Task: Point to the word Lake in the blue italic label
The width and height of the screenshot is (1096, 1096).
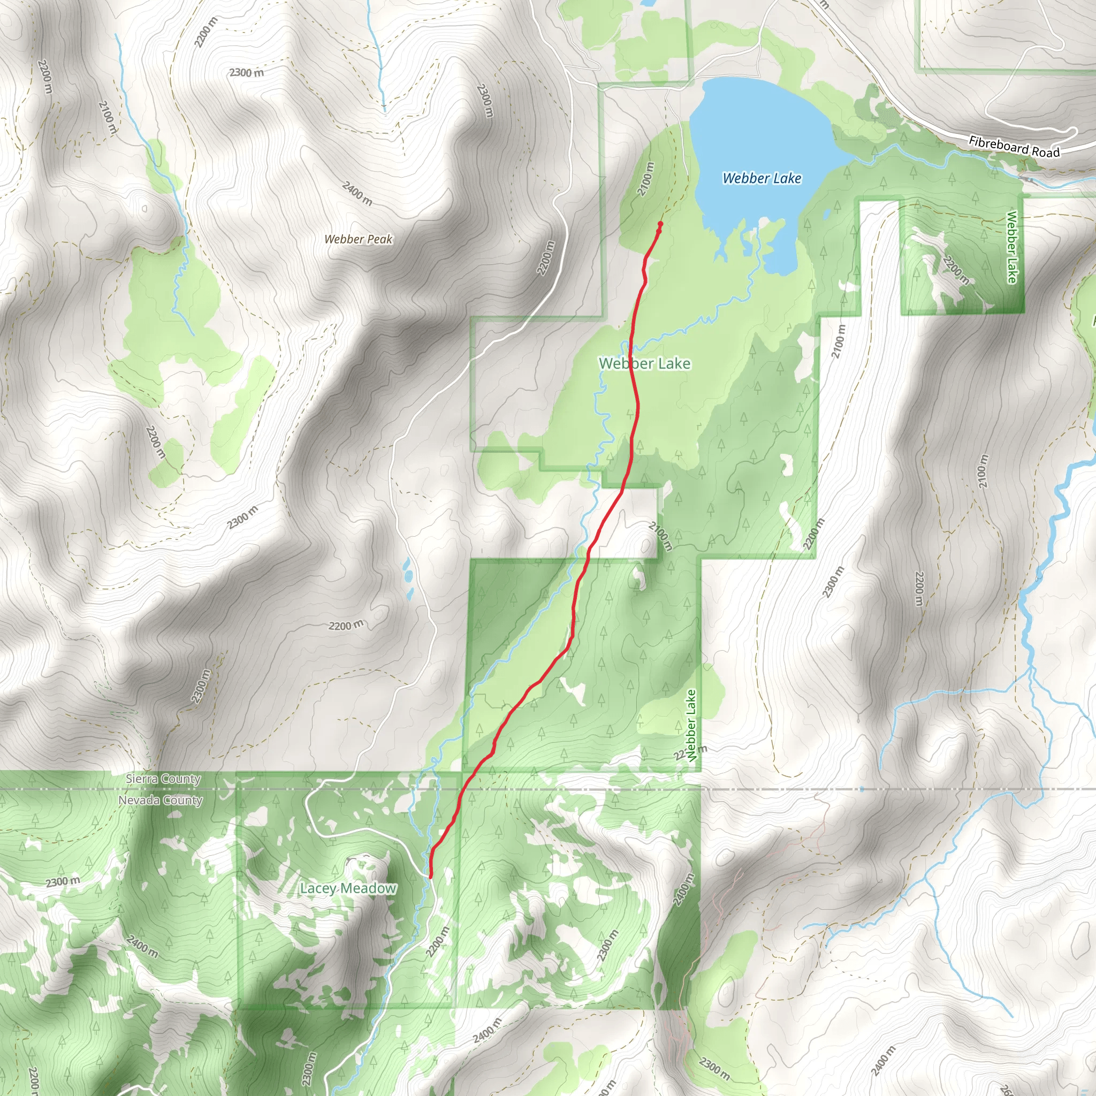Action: tap(787, 179)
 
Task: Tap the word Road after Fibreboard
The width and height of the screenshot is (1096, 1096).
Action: tap(1046, 152)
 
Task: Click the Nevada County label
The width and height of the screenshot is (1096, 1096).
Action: tap(161, 801)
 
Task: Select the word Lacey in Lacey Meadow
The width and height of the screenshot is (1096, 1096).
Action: tap(319, 888)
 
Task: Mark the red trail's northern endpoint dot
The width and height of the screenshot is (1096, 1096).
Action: tap(660, 225)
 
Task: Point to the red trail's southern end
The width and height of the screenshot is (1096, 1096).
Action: tap(431, 877)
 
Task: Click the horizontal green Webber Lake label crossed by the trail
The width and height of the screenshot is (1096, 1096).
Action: tap(644, 363)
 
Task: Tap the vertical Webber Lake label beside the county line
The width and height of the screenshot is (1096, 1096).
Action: tap(691, 725)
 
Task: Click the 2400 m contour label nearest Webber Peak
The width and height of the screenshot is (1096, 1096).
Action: tap(357, 193)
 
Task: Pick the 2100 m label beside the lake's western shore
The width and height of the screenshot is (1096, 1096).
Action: tap(645, 179)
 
